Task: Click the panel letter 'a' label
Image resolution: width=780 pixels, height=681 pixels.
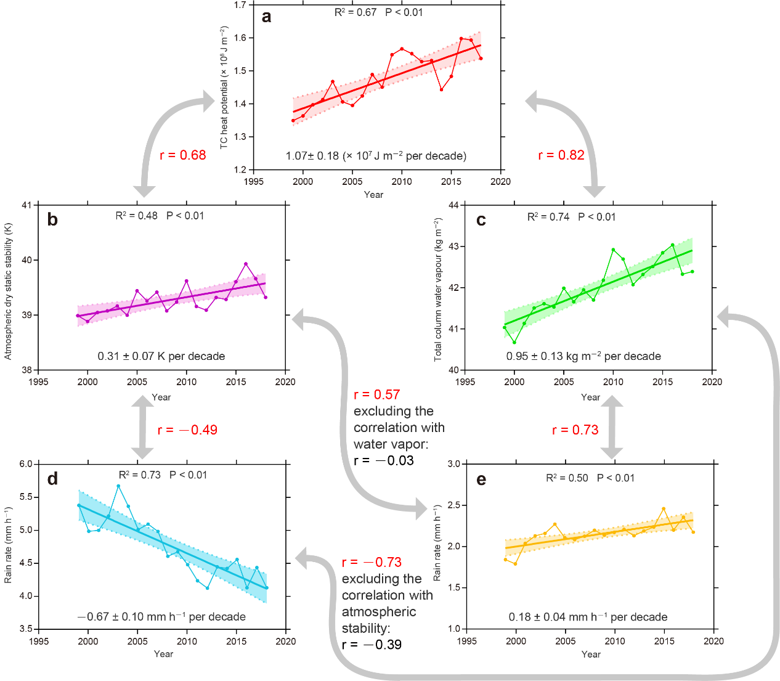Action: pos(266,17)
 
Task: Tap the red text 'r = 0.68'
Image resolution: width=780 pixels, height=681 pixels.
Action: pos(183,155)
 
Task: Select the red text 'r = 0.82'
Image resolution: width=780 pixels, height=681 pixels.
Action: pos(561,155)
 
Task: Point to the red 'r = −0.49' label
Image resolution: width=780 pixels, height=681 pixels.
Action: pos(187,430)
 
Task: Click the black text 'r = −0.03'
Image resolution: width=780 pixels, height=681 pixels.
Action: pos(384,461)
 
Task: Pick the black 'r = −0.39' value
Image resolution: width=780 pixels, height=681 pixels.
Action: pos(372,645)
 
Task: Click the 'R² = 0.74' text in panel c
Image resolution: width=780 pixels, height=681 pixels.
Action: pos(548,217)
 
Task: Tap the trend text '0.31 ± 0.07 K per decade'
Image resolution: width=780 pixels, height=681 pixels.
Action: pos(161,356)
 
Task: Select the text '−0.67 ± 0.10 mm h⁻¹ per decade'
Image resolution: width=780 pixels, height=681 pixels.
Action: pos(161,617)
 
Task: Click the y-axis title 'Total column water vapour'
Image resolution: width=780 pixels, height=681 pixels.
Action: pos(438,289)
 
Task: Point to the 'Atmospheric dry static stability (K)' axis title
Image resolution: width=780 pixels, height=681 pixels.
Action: pos(8,291)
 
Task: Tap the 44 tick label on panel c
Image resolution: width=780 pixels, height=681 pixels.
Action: pos(453,205)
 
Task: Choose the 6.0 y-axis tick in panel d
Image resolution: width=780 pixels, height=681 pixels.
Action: pos(25,464)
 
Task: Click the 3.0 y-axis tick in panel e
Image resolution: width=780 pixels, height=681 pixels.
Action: pos(453,464)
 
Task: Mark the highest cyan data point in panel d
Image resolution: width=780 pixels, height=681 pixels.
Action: pos(118,486)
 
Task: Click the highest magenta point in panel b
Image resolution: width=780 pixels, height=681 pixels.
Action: pos(246,264)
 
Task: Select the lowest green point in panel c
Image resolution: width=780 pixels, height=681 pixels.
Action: pos(514,342)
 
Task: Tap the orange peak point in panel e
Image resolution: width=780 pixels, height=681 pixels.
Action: pos(664,509)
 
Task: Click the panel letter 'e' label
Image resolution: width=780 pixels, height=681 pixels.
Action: pos(481,480)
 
